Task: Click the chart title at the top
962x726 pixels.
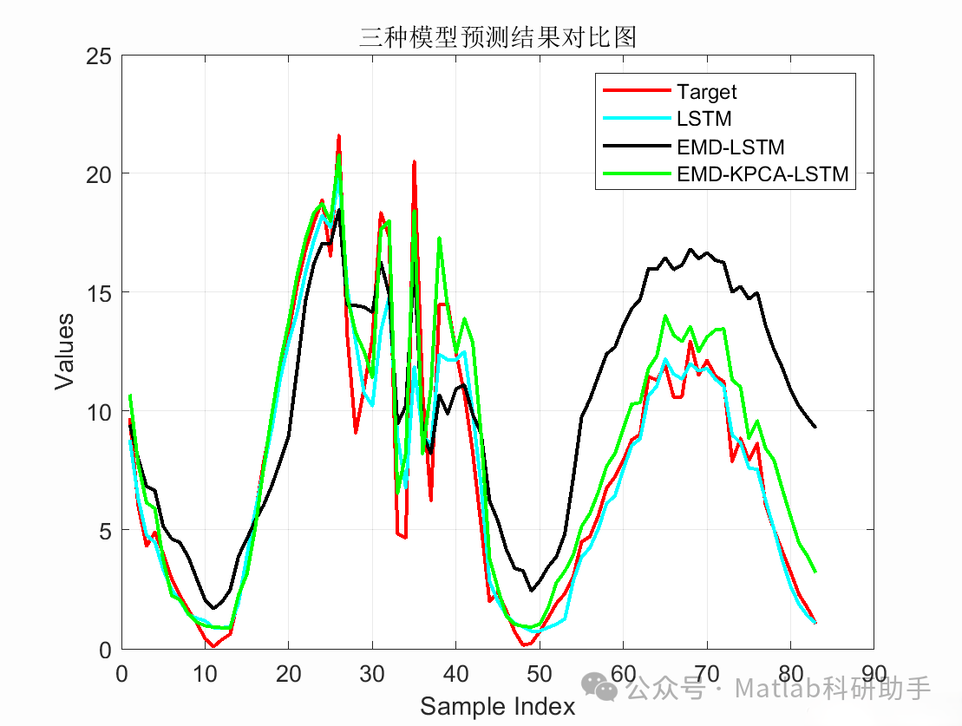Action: [498, 37]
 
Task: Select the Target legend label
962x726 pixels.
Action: [707, 92]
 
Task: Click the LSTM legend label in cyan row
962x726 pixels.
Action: [704, 119]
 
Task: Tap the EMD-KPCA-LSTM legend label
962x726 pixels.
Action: [762, 174]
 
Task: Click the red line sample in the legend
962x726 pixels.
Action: [636, 91]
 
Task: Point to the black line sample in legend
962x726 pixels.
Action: [636, 147]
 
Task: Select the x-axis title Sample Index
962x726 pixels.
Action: [498, 707]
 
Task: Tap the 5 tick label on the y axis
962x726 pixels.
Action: [105, 530]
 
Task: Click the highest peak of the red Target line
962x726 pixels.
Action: [339, 135]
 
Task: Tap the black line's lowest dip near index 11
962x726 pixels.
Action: [213, 608]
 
